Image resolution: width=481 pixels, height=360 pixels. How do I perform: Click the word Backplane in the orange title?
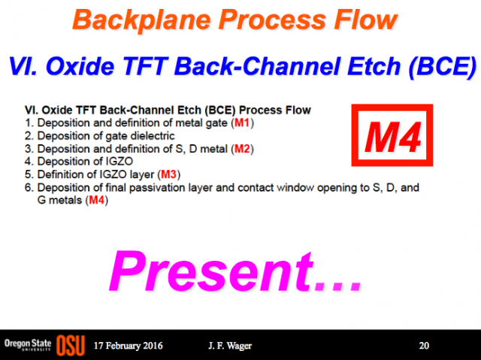tap(142, 21)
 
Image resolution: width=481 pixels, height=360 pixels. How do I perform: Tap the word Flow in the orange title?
tap(366, 20)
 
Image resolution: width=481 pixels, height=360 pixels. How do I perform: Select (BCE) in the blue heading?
tap(443, 67)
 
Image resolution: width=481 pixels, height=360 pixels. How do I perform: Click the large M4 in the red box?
tap(392, 137)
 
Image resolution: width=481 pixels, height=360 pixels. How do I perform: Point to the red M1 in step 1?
tap(242, 123)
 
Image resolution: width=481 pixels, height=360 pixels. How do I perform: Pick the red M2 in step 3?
tap(242, 149)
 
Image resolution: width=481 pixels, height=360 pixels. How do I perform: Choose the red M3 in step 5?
tap(168, 174)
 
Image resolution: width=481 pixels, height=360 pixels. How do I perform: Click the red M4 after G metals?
tap(97, 200)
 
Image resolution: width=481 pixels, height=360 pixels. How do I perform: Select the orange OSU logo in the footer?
tap(71, 345)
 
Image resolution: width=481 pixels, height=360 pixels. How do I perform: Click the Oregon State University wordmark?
tap(28, 345)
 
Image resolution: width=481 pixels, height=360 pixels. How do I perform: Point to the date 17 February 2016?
tap(129, 346)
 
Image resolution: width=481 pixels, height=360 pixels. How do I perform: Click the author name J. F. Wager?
tap(230, 346)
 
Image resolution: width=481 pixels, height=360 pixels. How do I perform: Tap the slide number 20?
tap(424, 346)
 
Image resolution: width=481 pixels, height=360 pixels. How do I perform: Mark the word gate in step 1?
tap(216, 123)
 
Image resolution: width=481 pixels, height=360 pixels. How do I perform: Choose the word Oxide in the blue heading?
tap(80, 66)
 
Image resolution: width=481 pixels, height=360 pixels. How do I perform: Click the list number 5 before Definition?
tap(29, 174)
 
